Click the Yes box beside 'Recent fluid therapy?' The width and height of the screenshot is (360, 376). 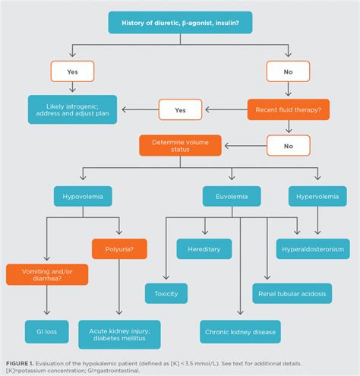click(180, 110)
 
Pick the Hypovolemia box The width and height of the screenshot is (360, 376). click(84, 197)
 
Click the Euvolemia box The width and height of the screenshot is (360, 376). click(231, 197)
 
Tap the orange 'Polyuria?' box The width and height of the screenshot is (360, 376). click(119, 248)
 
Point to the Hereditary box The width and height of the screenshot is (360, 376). click(204, 248)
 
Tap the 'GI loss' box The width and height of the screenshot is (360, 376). click(46, 332)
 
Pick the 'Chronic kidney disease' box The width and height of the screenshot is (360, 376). click(240, 332)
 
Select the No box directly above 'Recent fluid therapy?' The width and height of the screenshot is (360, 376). click(287, 71)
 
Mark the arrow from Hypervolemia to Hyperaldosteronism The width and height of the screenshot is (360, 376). click(317, 223)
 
